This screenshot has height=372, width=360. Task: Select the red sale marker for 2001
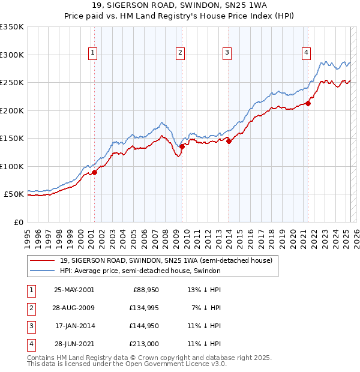coord(94,173)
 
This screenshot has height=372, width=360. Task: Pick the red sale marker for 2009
coord(182,146)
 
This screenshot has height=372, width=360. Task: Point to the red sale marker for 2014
coord(229,142)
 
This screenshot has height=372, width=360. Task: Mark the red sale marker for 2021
coord(308,103)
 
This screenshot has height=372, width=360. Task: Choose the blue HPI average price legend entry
coord(140,271)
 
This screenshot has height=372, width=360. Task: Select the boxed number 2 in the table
coord(31,308)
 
